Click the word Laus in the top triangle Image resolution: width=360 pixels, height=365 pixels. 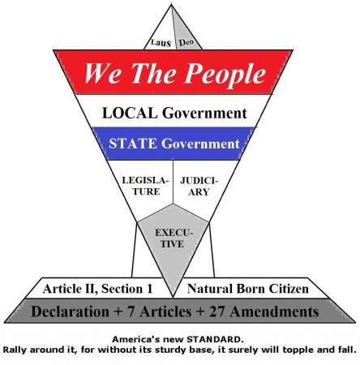pos(161,43)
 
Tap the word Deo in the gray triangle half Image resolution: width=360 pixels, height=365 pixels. pos(186,42)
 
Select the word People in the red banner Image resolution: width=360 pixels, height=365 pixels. pos(225,74)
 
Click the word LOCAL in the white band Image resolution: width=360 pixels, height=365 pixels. pos(130,113)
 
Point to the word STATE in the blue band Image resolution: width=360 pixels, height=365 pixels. pos(133,144)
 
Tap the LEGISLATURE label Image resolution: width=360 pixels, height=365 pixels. pos(146,186)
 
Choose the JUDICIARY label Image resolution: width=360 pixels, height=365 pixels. pos(199,187)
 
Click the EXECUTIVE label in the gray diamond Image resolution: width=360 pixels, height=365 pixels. pos(173,238)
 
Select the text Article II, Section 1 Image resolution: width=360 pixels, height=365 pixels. pos(97,289)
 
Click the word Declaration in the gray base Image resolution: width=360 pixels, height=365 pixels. pos(70,311)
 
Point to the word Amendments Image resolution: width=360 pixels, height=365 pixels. pos(275,311)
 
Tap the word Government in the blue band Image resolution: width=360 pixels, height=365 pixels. pos(200,144)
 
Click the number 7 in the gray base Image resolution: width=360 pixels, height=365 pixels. pos(131,311)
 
